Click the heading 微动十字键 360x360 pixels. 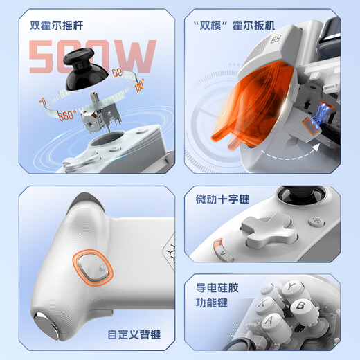(222, 199)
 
